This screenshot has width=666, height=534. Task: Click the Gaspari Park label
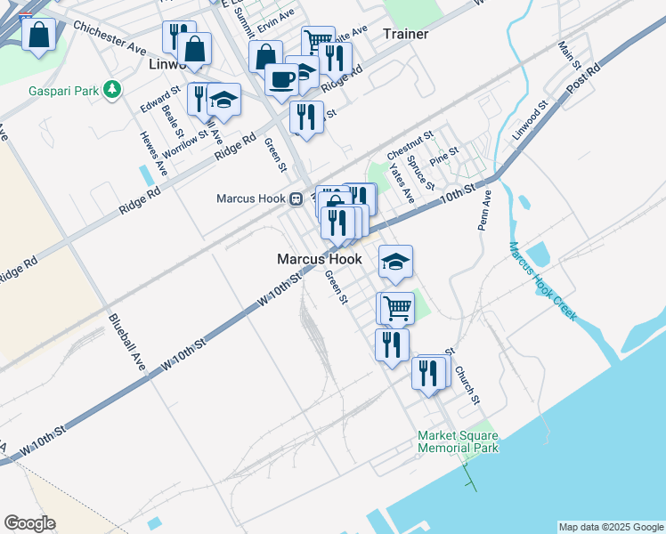pyautogui.click(x=61, y=90)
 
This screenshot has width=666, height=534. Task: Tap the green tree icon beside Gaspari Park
pyautogui.click(x=112, y=89)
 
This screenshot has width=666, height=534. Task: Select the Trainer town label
pyautogui.click(x=405, y=34)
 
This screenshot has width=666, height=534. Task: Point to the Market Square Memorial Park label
pyautogui.click(x=459, y=441)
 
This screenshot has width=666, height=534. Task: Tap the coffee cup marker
pyautogui.click(x=281, y=79)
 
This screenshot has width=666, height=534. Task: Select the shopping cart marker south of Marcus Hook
pyautogui.click(x=397, y=308)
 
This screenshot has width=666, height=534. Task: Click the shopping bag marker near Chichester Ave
pyautogui.click(x=39, y=36)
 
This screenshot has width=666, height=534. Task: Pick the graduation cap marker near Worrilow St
pyautogui.click(x=224, y=100)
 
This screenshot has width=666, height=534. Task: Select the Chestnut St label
pyautogui.click(x=410, y=142)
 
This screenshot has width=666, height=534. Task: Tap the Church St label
pyautogui.click(x=467, y=384)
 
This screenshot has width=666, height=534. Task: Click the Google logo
pyautogui.click(x=29, y=523)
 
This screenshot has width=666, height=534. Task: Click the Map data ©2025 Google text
pyautogui.click(x=612, y=527)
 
